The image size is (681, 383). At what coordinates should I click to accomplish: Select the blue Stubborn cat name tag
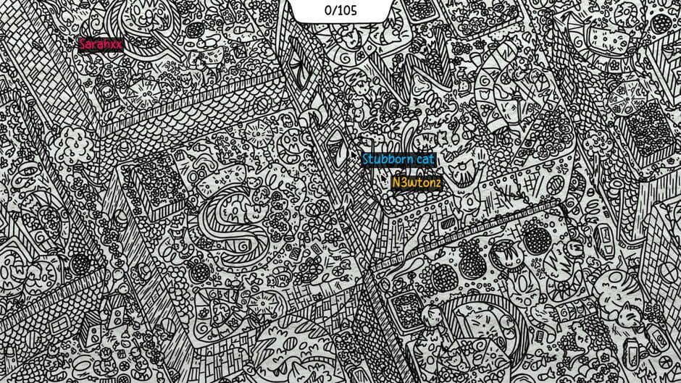pos(398,159)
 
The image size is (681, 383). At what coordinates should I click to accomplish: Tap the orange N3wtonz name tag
pos(416,182)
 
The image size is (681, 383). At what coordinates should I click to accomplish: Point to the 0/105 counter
pos(340,10)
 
